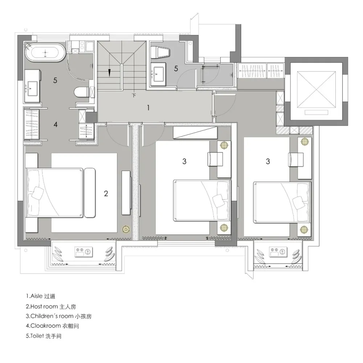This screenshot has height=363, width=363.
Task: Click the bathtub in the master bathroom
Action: point(45,52)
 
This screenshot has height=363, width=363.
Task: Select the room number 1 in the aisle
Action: point(148,108)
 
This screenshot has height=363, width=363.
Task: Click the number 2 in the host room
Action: point(106,193)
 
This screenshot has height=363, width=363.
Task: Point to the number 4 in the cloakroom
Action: point(55,125)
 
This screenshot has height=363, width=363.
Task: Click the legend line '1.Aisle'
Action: point(41,296)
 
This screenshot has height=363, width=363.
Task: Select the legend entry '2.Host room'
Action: point(51,306)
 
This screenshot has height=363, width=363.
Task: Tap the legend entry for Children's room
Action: point(59,316)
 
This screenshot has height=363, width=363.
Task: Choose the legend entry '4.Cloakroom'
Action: point(52,326)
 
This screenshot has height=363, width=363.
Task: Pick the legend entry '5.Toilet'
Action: point(44,336)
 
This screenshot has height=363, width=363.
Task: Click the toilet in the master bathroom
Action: point(81,92)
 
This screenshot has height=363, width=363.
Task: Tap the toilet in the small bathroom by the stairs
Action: point(160,52)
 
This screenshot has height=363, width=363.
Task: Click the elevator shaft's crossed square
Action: point(316,89)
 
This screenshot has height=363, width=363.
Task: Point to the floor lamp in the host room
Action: point(126,229)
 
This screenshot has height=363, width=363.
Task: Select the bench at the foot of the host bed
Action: point(90,193)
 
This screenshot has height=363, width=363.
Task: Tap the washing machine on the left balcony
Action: point(83,252)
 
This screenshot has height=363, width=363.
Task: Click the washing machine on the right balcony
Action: point(278,252)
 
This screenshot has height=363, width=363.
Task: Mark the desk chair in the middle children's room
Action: point(215,159)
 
